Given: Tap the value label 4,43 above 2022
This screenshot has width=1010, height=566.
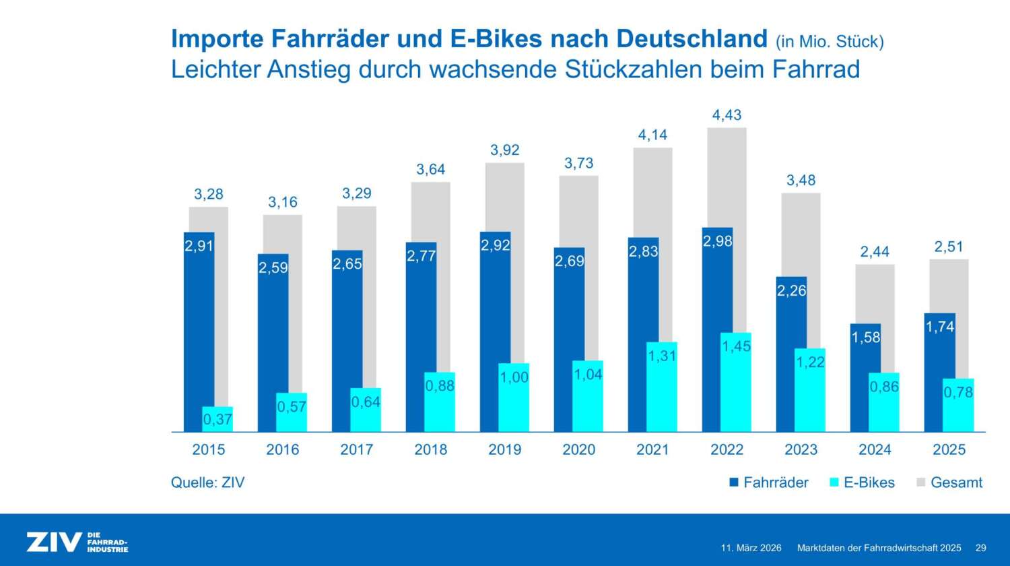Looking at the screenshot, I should pyautogui.click(x=727, y=115).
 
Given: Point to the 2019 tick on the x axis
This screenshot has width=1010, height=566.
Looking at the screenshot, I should pyautogui.click(x=504, y=449).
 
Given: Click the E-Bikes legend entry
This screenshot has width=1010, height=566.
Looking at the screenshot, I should pyautogui.click(x=862, y=482).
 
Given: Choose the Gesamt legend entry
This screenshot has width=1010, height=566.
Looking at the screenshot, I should pyautogui.click(x=949, y=482).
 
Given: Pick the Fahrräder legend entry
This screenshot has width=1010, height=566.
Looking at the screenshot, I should pyautogui.click(x=769, y=482).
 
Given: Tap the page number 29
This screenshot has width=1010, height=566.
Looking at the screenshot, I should pyautogui.click(x=981, y=548).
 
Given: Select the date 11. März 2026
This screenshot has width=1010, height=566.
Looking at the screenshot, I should pyautogui.click(x=751, y=548).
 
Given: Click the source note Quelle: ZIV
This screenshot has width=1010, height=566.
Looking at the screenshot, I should pyautogui.click(x=207, y=482).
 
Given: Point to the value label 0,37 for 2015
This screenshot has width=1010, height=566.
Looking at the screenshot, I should pyautogui.click(x=217, y=419).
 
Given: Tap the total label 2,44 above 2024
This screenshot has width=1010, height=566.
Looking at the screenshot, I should pyautogui.click(x=875, y=252).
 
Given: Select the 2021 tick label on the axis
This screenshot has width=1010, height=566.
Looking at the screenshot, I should pyautogui.click(x=652, y=449).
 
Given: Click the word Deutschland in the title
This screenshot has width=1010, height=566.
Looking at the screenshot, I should pyautogui.click(x=692, y=39).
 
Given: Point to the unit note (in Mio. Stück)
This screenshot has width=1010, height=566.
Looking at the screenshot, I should pyautogui.click(x=830, y=42).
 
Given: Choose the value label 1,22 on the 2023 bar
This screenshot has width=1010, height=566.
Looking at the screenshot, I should pyautogui.click(x=810, y=362).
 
